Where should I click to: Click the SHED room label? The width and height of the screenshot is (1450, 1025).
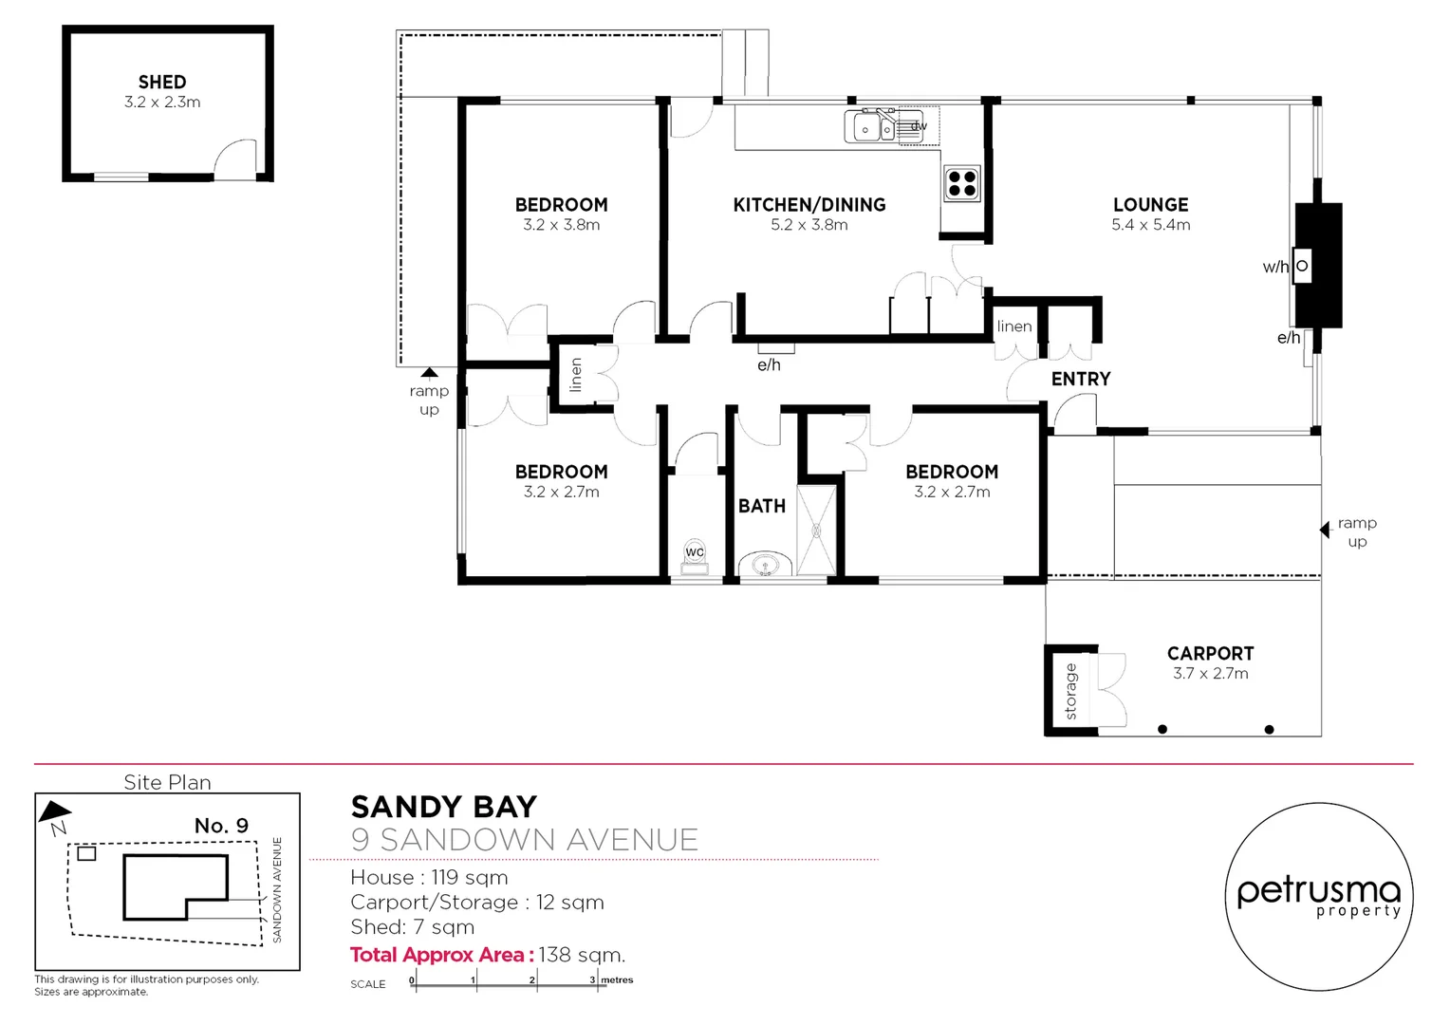click(162, 83)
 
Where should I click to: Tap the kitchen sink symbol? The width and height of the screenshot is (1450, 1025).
click(871, 127)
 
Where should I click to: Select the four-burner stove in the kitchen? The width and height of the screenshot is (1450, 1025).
click(962, 183)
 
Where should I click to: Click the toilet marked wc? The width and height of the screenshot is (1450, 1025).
click(695, 557)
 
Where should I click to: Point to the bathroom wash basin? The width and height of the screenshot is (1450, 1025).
click(766, 566)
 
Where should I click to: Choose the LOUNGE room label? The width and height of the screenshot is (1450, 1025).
click(1150, 205)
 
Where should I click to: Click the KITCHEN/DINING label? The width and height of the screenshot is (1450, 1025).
click(809, 205)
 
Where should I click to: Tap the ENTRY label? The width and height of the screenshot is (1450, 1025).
click(1081, 380)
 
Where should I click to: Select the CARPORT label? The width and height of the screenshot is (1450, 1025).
click(1210, 654)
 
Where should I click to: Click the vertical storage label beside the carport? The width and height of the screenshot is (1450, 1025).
click(1070, 691)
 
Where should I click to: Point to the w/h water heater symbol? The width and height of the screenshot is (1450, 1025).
click(1302, 267)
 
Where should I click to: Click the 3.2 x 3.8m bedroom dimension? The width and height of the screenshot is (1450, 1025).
click(561, 226)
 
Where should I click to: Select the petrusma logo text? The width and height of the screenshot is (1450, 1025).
click(1318, 892)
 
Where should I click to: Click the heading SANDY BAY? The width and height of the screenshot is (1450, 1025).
click(444, 808)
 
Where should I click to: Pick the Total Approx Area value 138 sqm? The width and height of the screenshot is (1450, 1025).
click(582, 955)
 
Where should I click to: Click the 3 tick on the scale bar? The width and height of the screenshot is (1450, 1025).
click(594, 980)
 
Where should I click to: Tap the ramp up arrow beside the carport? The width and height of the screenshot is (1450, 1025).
click(1325, 530)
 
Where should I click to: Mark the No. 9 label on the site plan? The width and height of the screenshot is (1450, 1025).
click(221, 826)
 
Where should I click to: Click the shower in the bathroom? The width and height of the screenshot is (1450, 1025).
click(816, 530)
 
